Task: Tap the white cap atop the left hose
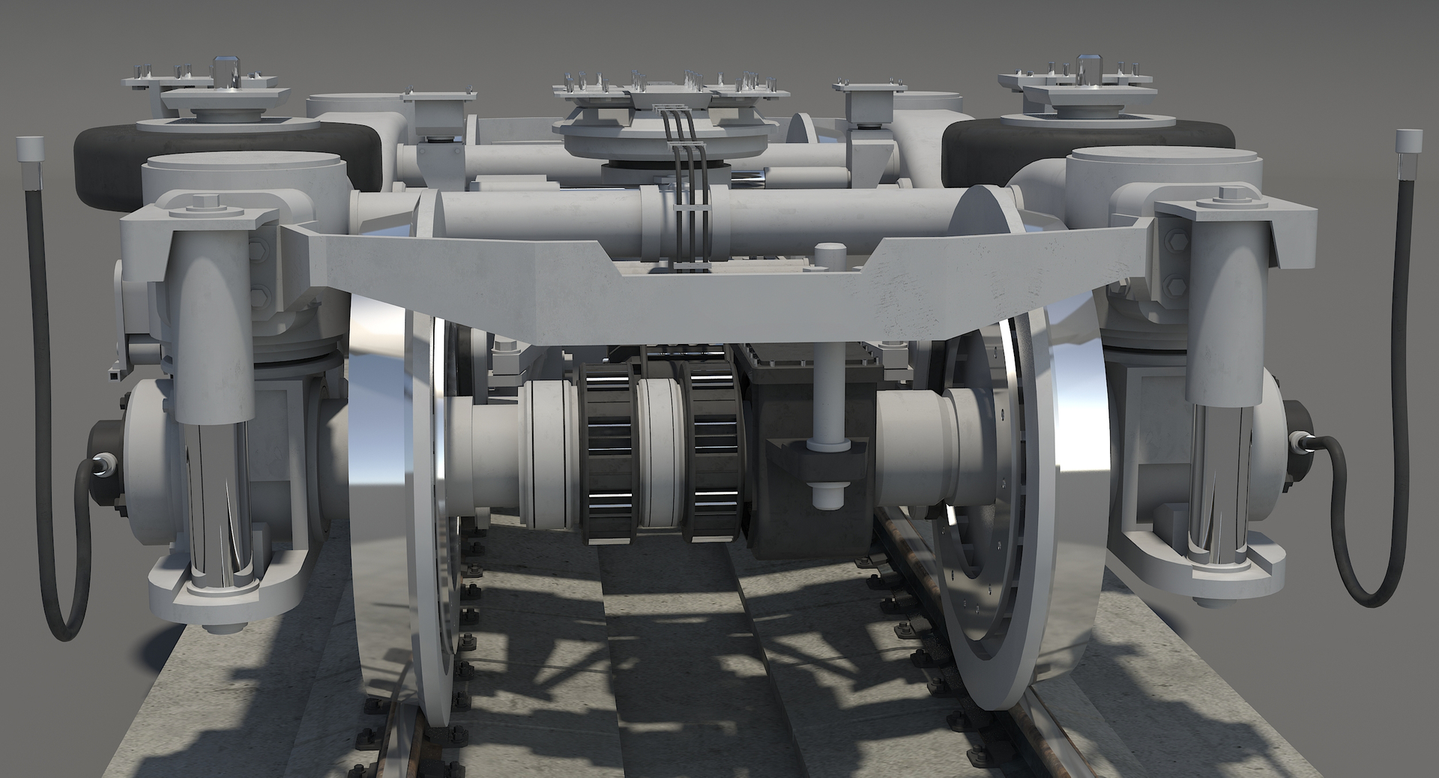point(28,151)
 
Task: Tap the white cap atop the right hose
point(1409,144)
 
